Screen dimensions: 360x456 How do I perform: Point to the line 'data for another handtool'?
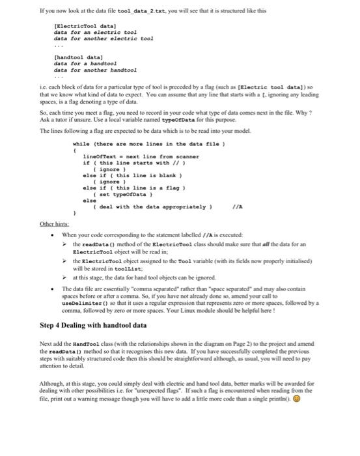point(95,69)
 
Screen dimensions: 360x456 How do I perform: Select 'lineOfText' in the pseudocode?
point(101,155)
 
